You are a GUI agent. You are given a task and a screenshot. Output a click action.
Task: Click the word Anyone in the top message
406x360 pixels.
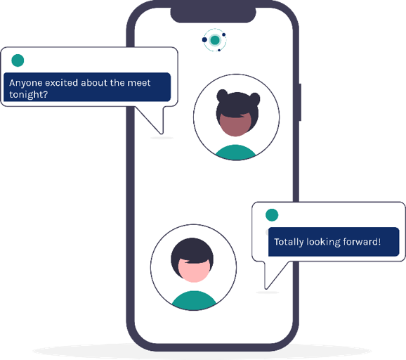[26, 83]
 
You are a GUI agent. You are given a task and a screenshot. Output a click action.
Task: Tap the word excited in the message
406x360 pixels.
[62, 83]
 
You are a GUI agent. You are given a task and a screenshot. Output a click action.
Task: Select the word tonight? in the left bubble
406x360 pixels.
[29, 95]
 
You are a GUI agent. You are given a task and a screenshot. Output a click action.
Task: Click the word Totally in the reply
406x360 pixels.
[289, 242]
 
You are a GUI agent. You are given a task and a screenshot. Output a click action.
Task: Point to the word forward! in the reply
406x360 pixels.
[362, 242]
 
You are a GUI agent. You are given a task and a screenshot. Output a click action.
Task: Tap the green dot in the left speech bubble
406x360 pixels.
[18, 60]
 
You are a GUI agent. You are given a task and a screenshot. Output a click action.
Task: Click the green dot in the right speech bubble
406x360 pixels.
[272, 215]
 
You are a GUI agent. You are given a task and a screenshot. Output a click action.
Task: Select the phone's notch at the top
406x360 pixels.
[213, 15]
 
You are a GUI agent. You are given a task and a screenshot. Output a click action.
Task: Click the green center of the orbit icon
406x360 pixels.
[215, 40]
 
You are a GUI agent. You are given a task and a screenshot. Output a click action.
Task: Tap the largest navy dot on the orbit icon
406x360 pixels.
[204, 39]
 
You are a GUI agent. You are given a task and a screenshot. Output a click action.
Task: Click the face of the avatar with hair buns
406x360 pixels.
[235, 125]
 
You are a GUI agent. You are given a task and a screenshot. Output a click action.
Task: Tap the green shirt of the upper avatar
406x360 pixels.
[235, 153]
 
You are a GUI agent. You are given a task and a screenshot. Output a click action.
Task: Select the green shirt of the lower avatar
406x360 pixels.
[194, 300]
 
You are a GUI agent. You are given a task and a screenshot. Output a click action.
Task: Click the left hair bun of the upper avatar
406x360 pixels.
[222, 96]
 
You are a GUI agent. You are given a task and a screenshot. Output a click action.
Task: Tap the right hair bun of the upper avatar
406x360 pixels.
[254, 98]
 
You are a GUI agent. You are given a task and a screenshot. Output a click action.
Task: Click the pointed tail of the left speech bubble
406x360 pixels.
[162, 133]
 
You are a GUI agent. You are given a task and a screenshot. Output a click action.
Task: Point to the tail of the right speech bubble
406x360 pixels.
[266, 288]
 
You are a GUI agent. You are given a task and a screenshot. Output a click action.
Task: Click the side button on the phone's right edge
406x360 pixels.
[300, 102]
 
